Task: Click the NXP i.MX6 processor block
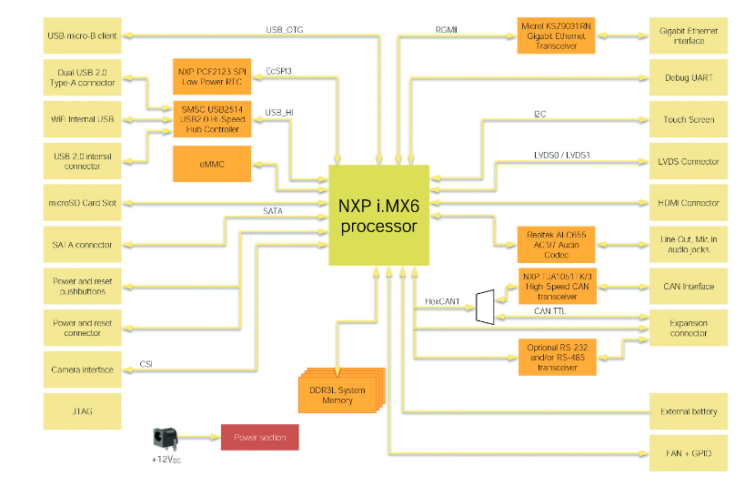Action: tap(379, 216)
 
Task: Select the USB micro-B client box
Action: tap(81, 35)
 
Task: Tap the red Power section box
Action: tap(259, 438)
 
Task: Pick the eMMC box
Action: tap(212, 164)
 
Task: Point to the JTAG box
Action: tap(81, 411)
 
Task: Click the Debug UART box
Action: tap(689, 77)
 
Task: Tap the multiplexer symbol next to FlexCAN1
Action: tap(484, 307)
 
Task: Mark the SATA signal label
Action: tap(272, 211)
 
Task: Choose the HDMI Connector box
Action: tap(689, 203)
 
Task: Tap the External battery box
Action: tap(689, 411)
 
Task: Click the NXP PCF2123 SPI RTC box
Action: tap(212, 76)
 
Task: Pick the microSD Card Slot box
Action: tap(81, 203)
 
